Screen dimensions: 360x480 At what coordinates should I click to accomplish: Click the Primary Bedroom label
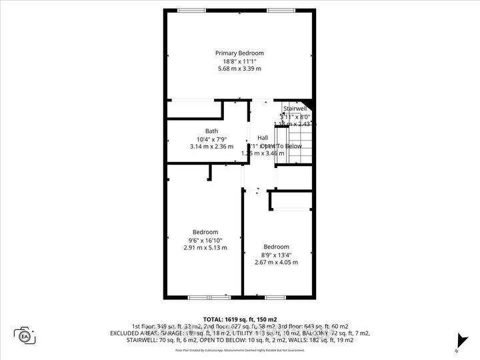[x=239, y=53]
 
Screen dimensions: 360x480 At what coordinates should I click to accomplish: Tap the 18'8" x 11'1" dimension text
[x=239, y=61]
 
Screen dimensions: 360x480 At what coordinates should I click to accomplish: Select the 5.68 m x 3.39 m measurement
[x=239, y=69]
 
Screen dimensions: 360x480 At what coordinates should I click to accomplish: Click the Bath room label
[x=211, y=131]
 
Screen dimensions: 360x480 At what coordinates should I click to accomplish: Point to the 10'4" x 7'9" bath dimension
[x=211, y=139]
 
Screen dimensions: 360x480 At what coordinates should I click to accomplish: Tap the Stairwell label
[x=294, y=108]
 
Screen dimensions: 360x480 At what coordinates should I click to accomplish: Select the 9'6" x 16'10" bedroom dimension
[x=205, y=240]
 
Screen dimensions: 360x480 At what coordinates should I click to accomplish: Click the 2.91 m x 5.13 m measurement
[x=205, y=247]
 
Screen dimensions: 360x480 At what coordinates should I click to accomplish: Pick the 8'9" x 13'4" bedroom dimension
[x=276, y=255]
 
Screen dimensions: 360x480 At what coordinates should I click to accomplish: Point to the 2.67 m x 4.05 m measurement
[x=276, y=262]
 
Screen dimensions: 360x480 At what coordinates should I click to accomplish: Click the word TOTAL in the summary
[x=213, y=319]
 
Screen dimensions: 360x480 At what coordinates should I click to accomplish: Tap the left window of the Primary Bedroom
[x=192, y=9]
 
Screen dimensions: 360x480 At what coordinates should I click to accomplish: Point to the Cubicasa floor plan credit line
[x=239, y=349]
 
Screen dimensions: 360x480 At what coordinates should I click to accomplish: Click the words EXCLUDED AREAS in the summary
[x=137, y=333]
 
